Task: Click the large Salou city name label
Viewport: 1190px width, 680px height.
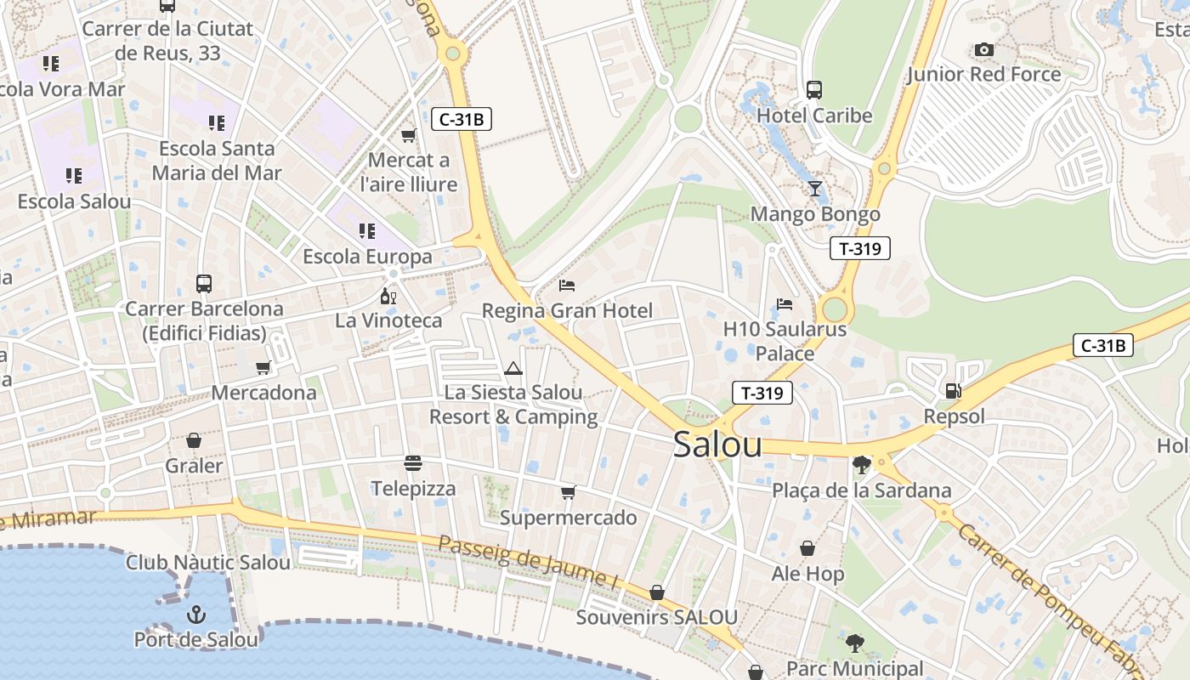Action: (717, 445)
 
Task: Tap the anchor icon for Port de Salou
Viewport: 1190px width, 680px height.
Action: (196, 613)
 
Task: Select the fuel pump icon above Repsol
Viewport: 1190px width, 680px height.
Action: (954, 391)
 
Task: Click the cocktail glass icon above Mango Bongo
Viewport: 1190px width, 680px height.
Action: (815, 189)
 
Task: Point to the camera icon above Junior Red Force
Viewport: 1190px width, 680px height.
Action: (984, 49)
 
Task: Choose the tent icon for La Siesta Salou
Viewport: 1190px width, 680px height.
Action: (513, 368)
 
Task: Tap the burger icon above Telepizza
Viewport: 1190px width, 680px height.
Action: (413, 463)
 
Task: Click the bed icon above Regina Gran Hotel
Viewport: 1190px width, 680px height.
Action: (567, 286)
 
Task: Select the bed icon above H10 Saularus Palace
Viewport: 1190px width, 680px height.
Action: (785, 303)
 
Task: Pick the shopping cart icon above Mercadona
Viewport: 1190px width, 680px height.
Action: (263, 367)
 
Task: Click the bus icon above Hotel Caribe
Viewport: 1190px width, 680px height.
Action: (814, 89)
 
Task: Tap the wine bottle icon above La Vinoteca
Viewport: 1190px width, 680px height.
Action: (388, 296)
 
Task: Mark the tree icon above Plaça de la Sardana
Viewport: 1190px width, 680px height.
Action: (861, 465)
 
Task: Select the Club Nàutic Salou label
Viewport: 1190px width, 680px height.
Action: (208, 562)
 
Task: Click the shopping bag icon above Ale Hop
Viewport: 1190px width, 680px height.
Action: (807, 548)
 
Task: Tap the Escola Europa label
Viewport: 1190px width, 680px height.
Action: (367, 256)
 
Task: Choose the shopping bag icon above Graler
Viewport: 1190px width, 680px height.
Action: (194, 440)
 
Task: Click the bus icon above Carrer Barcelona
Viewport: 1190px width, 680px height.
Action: (204, 283)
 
